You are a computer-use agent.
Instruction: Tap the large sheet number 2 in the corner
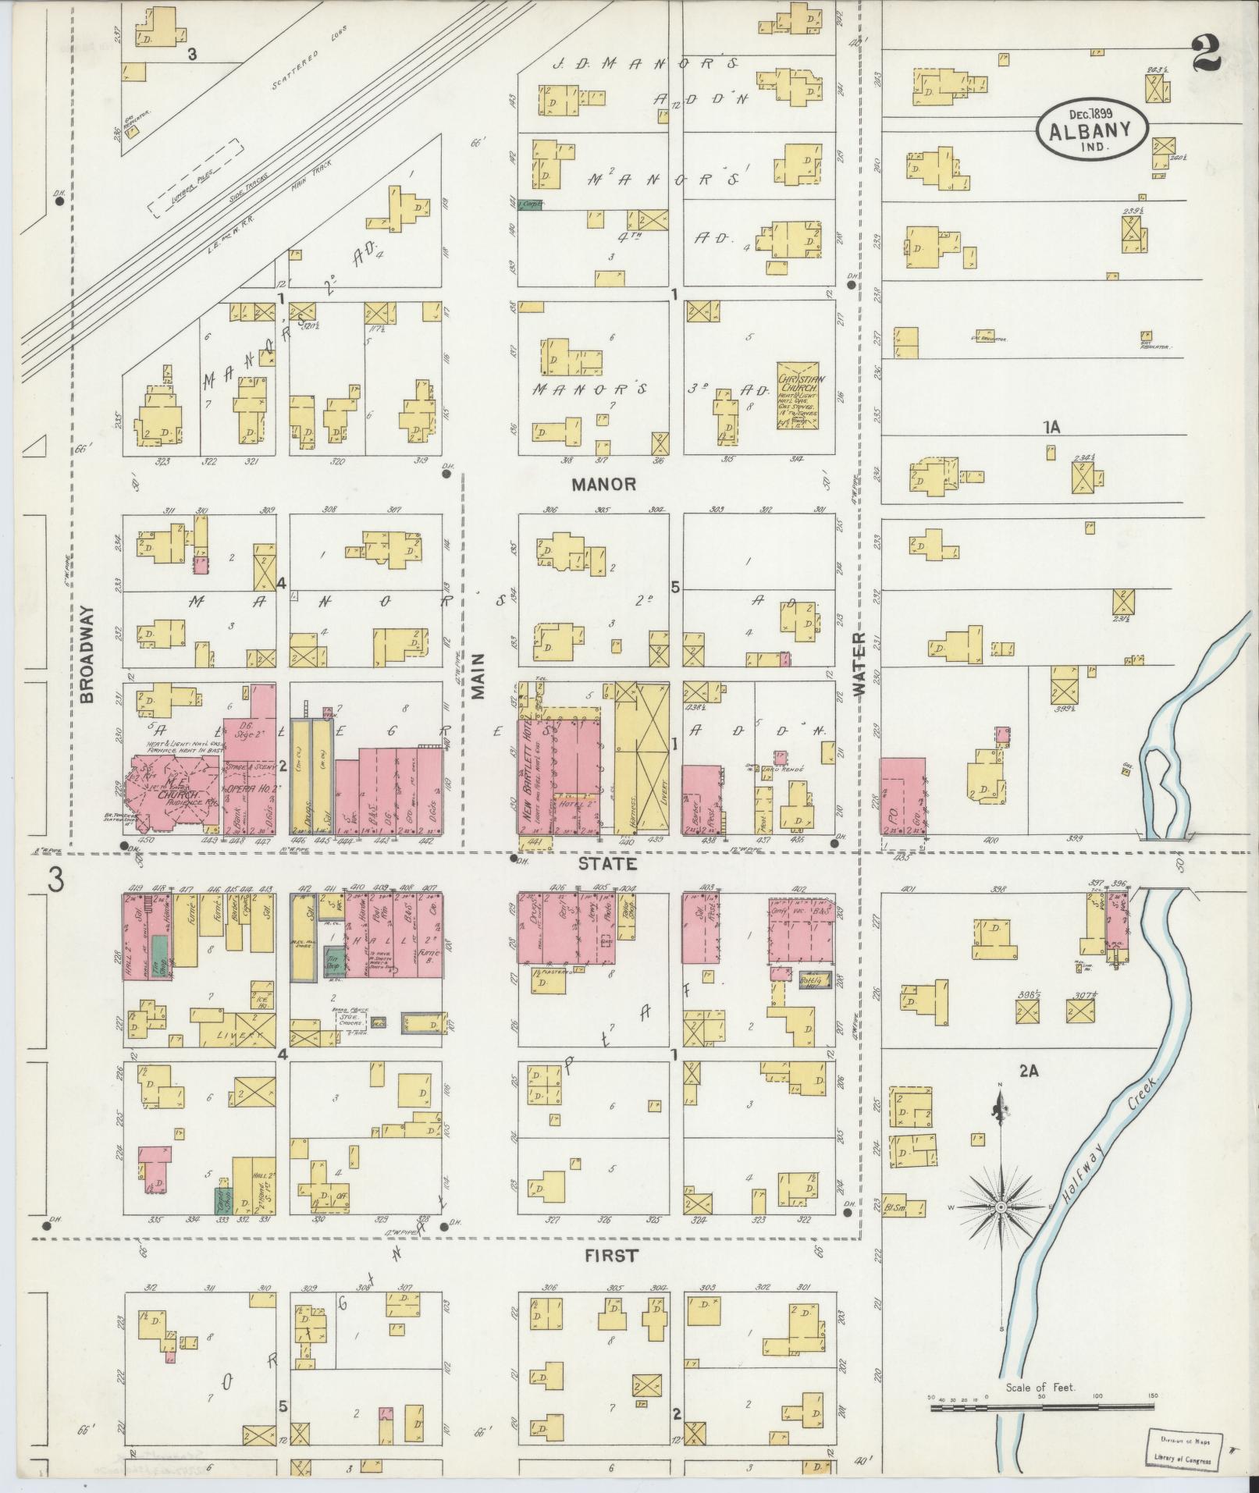1207,54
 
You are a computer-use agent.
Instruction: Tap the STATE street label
607,865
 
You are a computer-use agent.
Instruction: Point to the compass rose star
1000,1230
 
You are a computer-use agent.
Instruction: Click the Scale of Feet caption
1040,1387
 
